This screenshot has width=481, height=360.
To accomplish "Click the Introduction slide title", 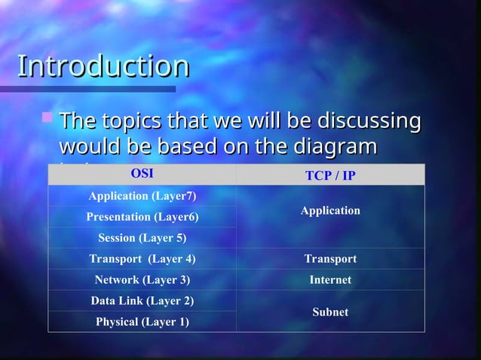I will [x=103, y=66].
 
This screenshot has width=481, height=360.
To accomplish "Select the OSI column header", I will [x=142, y=173].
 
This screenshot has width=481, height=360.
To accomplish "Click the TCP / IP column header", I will [x=330, y=175].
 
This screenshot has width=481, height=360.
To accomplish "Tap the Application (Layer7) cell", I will [x=142, y=196].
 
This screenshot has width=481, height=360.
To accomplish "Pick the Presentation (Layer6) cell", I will [x=142, y=217].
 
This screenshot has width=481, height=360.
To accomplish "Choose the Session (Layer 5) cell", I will [x=142, y=238].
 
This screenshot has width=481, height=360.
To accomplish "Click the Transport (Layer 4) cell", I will [x=142, y=259].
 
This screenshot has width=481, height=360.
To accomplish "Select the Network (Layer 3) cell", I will [x=142, y=280].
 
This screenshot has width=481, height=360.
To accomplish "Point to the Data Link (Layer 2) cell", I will [x=142, y=301].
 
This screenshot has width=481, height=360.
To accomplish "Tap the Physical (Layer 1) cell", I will [x=142, y=322].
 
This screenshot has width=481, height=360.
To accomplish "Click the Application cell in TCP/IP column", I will [x=330, y=211].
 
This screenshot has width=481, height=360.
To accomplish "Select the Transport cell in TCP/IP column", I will [x=330, y=259].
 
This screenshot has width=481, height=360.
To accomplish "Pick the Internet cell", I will [x=330, y=280].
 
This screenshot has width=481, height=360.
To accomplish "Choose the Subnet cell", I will [x=330, y=312].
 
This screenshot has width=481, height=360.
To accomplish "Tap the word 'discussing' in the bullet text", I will [x=369, y=121].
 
